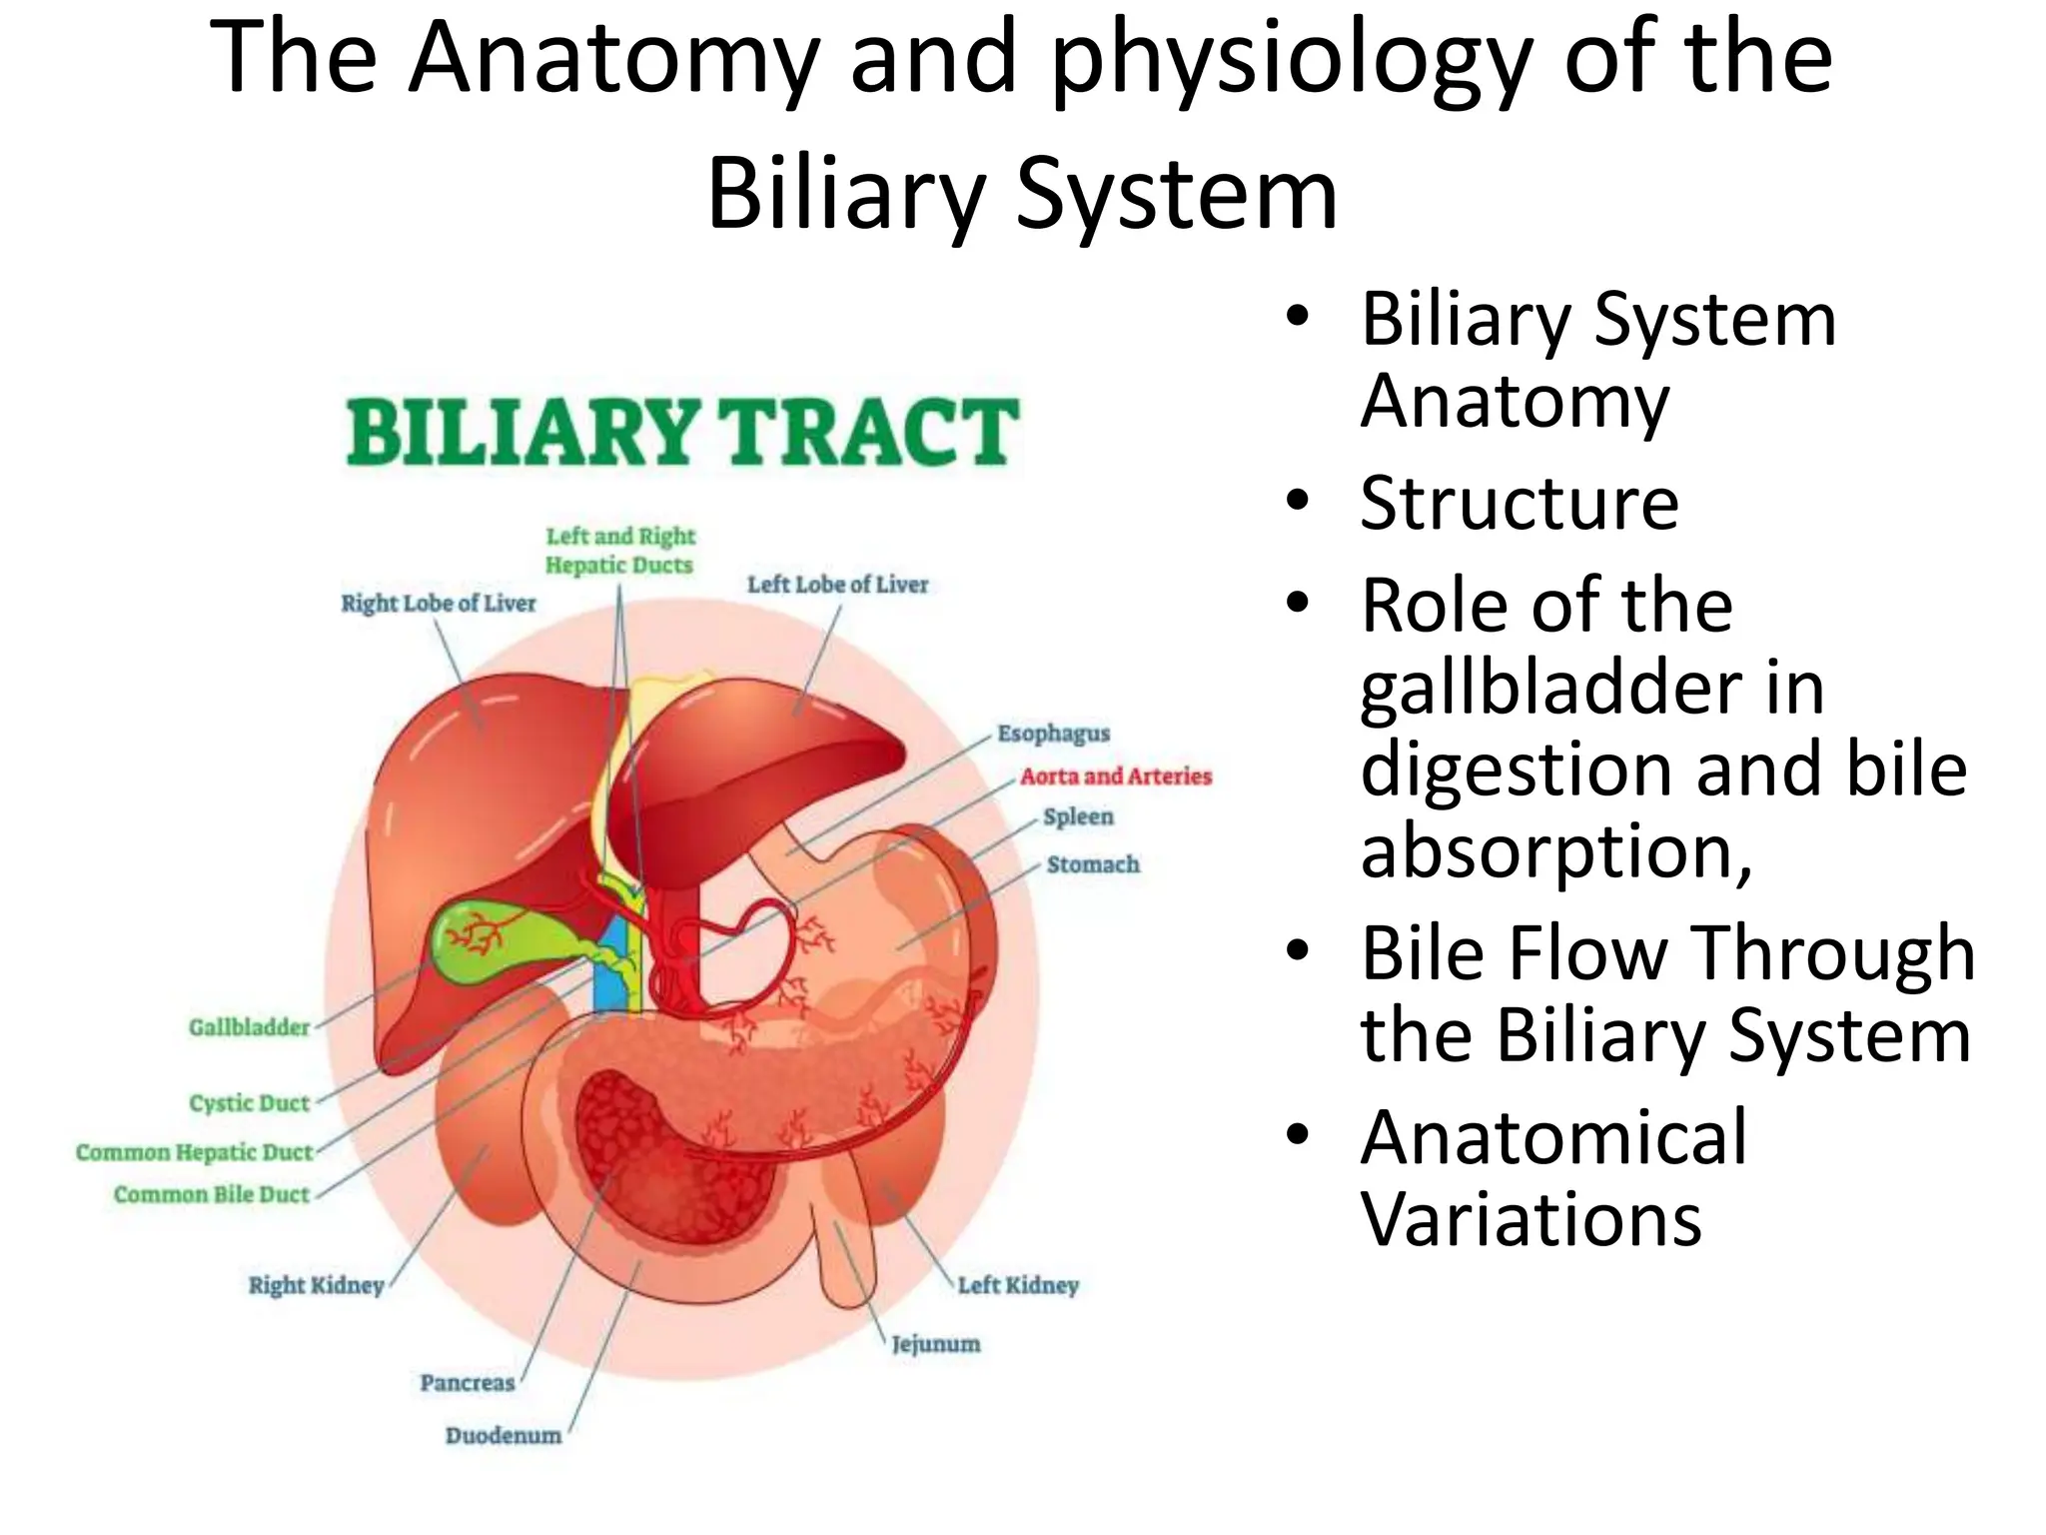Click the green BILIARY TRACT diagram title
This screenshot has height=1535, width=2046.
pos(683,432)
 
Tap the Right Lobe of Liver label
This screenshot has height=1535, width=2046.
pos(439,604)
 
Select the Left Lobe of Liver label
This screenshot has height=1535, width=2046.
pos(837,585)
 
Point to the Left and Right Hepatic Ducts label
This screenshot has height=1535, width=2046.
pos(620,551)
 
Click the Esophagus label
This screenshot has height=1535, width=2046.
pos(1053,734)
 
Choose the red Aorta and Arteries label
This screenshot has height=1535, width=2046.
pos(1115,776)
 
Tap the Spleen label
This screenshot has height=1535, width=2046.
pos(1078,816)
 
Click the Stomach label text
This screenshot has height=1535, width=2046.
pos(1093,864)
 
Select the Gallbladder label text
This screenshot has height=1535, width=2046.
pos(250,1027)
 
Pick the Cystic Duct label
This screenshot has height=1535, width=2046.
pos(250,1103)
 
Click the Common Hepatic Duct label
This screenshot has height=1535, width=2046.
pos(195,1152)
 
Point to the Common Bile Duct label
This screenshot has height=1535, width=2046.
pos(212,1195)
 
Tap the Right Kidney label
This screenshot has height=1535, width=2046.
pos(316,1285)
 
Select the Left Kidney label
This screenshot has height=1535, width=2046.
pos(1018,1285)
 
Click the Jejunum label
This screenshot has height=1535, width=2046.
pos(936,1344)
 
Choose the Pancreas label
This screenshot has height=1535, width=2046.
pos(467,1383)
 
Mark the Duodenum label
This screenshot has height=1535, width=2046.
pos(504,1436)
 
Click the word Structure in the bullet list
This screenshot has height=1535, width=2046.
pos(1519,503)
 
